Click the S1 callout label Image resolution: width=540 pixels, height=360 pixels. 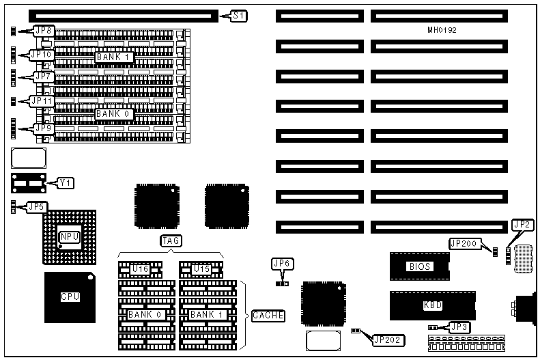click(240, 15)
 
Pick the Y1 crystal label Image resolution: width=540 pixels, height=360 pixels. click(66, 182)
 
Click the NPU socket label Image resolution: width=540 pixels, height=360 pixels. click(70, 236)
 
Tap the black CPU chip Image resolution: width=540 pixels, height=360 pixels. click(70, 297)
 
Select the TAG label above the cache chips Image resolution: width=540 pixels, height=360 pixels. click(170, 240)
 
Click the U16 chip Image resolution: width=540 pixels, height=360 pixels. click(140, 269)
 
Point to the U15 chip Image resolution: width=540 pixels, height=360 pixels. click(201, 269)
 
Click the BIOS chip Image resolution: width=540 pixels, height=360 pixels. click(419, 266)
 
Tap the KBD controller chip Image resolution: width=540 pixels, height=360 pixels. click(432, 305)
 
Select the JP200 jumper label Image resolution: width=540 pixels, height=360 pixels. click(464, 243)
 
